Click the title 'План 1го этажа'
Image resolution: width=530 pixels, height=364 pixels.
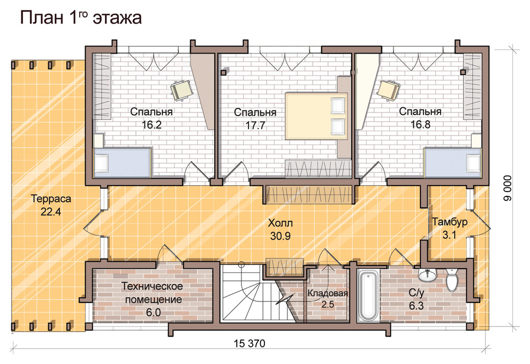pos(81,18)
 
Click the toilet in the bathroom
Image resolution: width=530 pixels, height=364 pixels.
pos(451,279)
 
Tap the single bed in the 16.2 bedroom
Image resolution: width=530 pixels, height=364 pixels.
pos(122,162)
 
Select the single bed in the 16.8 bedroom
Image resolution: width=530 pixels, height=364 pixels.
pos(452,162)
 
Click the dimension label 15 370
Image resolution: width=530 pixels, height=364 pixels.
pos(249,344)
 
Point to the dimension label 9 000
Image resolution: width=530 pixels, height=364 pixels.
pos(508,188)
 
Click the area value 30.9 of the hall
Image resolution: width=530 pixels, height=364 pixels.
pos(280,236)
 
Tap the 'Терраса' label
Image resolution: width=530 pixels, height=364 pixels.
pos(51,199)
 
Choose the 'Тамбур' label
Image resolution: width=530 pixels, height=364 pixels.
pos(450,222)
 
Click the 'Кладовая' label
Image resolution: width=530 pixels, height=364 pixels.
pos(328,293)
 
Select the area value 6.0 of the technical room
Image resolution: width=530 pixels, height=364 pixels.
pos(153,313)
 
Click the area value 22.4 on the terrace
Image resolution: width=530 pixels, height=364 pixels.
pos(51,212)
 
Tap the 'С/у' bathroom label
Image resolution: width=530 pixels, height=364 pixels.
pos(416,293)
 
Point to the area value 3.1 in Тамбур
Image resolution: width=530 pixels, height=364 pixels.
pos(449,234)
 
